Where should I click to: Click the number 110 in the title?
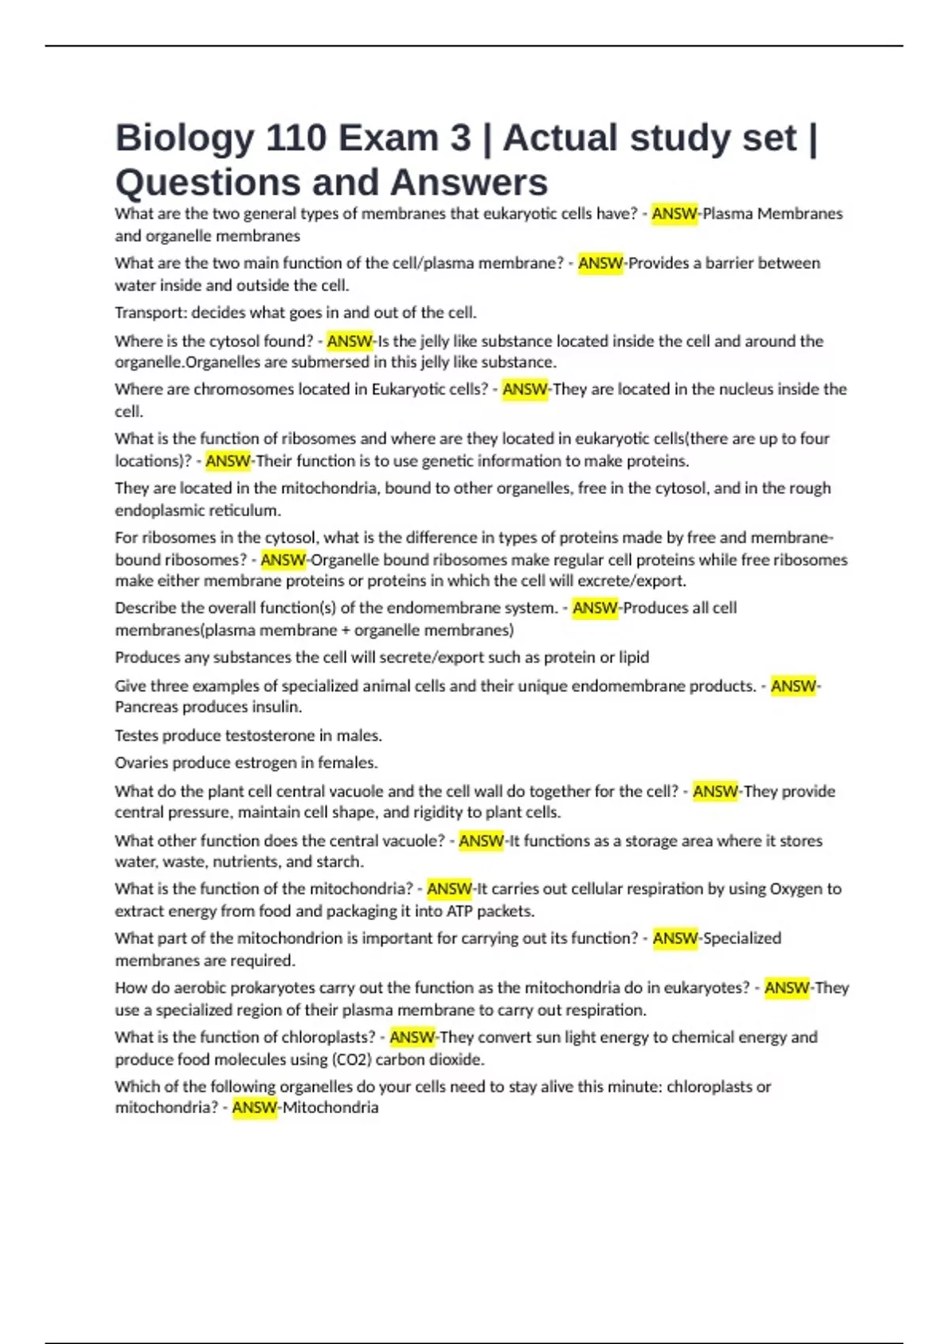[x=296, y=138]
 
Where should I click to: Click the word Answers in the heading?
[x=468, y=183]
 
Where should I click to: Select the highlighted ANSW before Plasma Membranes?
[x=674, y=213]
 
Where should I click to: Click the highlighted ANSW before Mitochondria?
[x=255, y=1108]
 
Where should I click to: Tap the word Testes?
[x=137, y=735]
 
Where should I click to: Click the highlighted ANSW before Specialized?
[x=675, y=938]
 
